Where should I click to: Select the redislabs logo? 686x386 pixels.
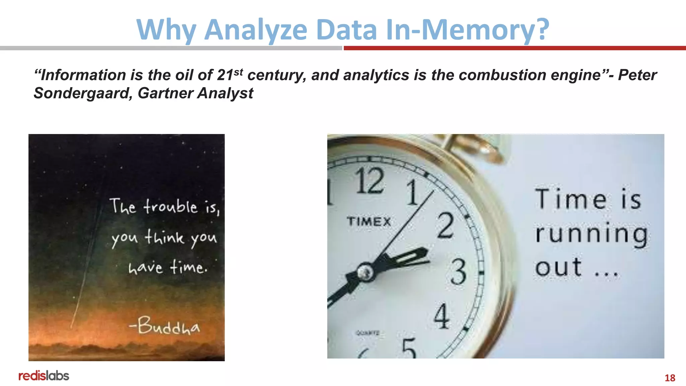point(44,376)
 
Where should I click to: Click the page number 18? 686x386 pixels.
point(670,378)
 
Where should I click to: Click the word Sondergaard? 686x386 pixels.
point(81,93)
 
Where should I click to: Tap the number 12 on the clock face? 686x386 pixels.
point(369,181)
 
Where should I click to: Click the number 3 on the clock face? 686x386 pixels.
point(458,271)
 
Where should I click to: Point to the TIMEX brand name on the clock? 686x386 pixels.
point(369,221)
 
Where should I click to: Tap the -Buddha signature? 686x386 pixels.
point(165,326)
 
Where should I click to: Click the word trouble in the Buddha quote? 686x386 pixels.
point(171,206)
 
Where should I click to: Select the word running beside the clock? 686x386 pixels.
point(591,234)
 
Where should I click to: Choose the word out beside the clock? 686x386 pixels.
point(558,267)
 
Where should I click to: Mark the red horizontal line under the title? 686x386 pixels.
point(514,48)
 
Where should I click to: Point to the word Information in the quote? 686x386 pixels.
point(83,75)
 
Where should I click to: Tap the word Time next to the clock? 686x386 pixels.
point(570,199)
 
